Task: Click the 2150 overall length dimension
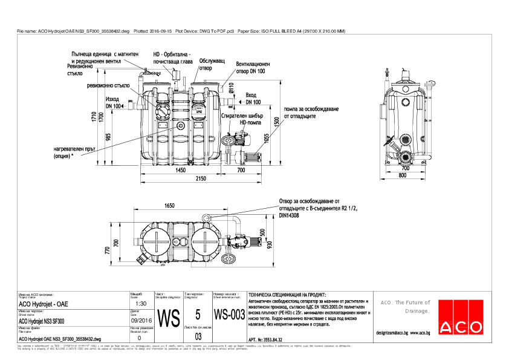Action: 201,178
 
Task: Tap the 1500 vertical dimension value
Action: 276,121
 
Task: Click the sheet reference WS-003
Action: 229,315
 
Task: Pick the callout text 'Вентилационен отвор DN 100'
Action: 253,67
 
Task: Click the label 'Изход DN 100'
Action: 112,102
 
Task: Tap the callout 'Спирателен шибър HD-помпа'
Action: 239,118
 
